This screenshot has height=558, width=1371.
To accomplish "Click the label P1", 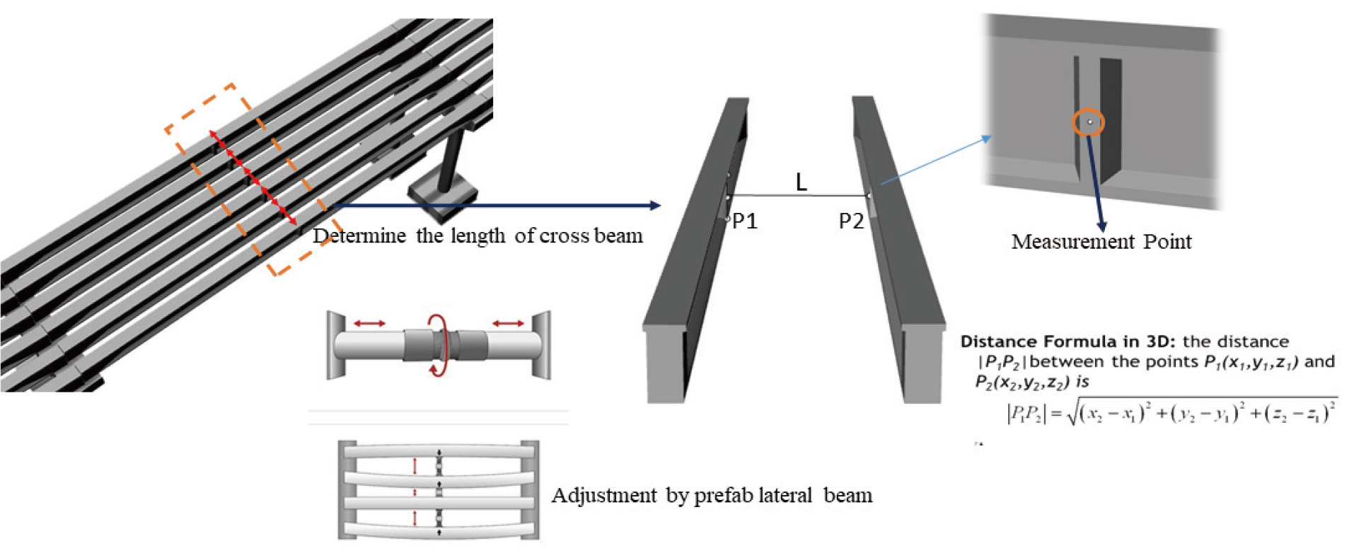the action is click(x=745, y=221).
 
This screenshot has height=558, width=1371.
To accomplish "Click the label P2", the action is click(x=851, y=221).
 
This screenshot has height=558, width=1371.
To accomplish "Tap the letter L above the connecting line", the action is click(x=801, y=182).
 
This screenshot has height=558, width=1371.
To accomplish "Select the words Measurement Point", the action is click(x=1101, y=242).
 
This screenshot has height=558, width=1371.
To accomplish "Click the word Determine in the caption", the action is click(x=359, y=236).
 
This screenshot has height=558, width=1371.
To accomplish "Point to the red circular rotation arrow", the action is click(x=439, y=345).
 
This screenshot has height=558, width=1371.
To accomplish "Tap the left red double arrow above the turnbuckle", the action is click(x=370, y=323).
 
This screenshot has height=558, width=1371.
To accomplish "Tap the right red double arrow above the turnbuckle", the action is click(x=508, y=323).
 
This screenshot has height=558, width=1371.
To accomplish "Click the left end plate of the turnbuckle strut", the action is click(x=335, y=344).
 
